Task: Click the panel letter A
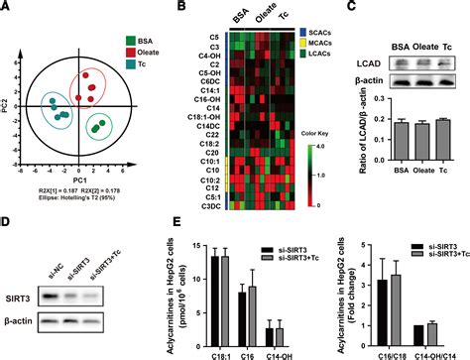(x=8, y=9)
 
